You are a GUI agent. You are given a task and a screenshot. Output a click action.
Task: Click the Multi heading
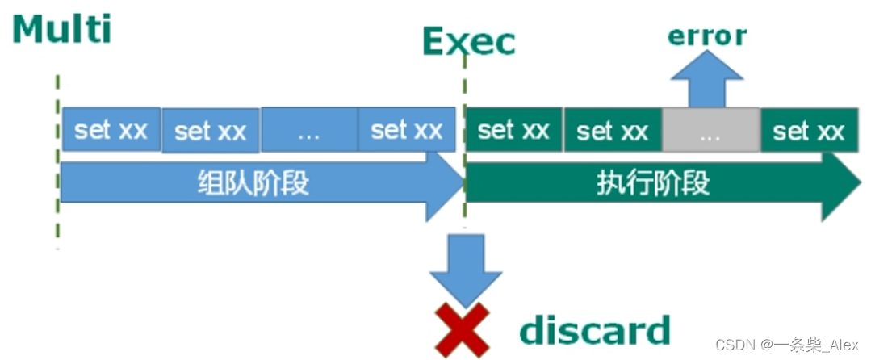point(62,29)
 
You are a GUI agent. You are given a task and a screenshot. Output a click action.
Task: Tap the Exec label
point(468,42)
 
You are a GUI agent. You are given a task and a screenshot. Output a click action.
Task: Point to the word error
point(707,36)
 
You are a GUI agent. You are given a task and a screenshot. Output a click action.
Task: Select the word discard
point(594,330)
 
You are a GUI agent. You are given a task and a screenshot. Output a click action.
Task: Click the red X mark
point(463,329)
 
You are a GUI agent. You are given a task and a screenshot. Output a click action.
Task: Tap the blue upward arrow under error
point(707,81)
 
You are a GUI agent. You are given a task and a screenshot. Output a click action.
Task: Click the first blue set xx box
point(111,131)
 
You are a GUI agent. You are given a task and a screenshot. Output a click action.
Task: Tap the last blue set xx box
point(407,131)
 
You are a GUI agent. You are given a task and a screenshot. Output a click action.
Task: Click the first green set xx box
point(513,131)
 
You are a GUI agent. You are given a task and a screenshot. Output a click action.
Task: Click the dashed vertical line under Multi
point(57,161)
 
